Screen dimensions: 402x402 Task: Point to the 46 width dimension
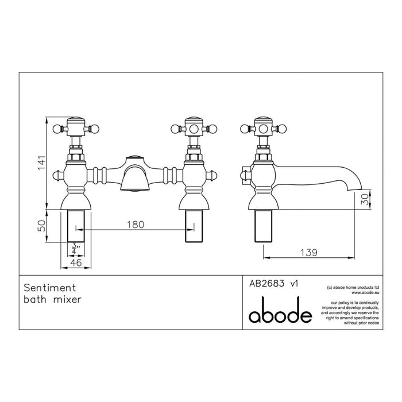pos(75,262)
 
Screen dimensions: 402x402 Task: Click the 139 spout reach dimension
pos(309,252)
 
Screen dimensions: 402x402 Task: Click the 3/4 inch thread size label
pos(75,248)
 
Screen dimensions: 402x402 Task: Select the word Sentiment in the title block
pos(50,285)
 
